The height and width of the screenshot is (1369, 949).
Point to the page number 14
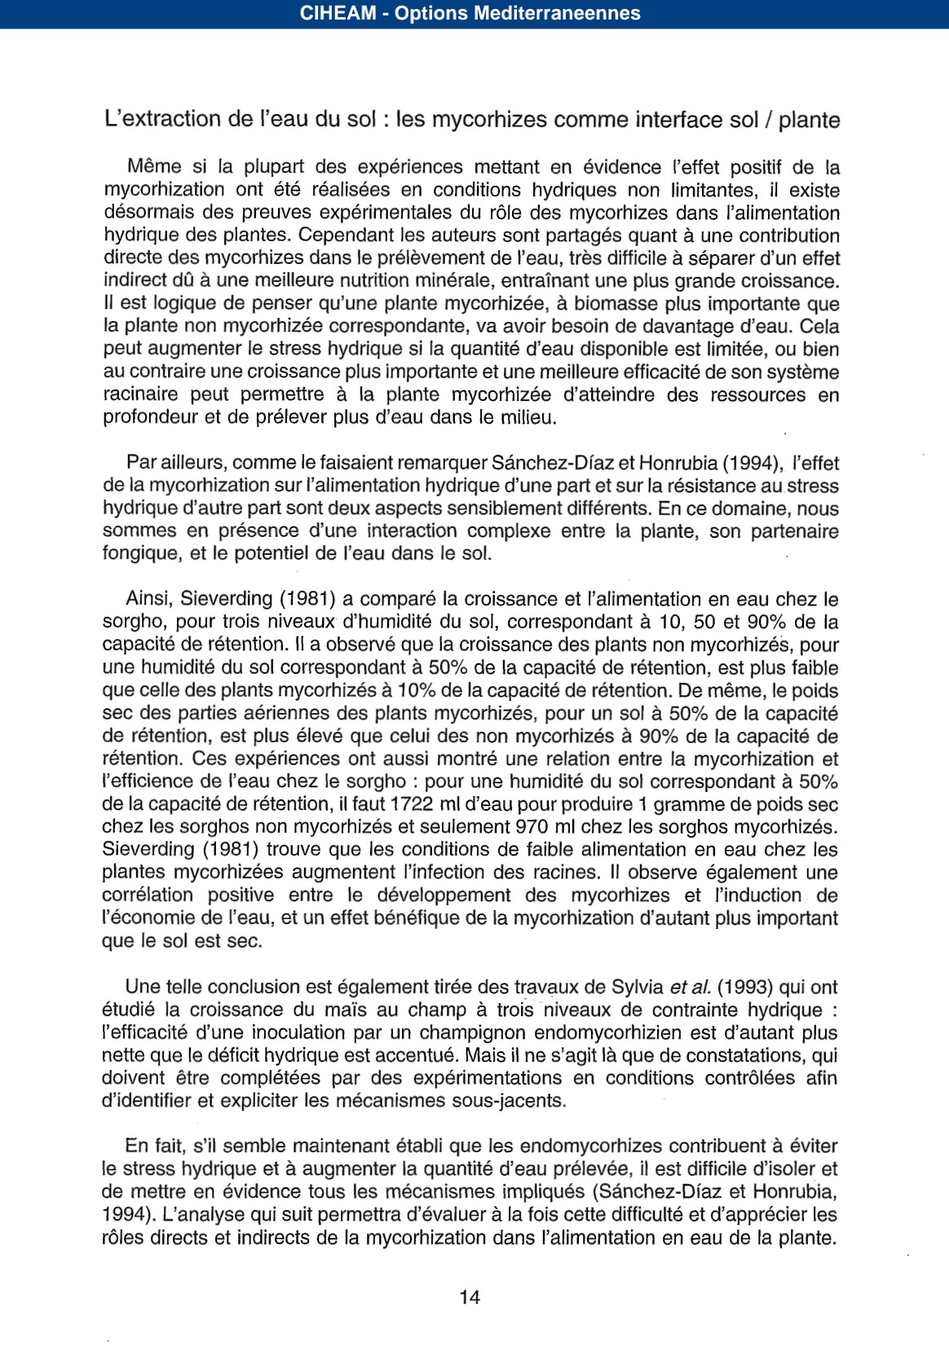coord(470,1297)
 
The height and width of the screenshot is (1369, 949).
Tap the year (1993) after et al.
coord(745,988)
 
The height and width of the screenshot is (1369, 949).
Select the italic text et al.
coord(690,988)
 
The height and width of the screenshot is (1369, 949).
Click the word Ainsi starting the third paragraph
coord(148,599)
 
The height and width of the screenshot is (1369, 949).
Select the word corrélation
coord(147,896)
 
